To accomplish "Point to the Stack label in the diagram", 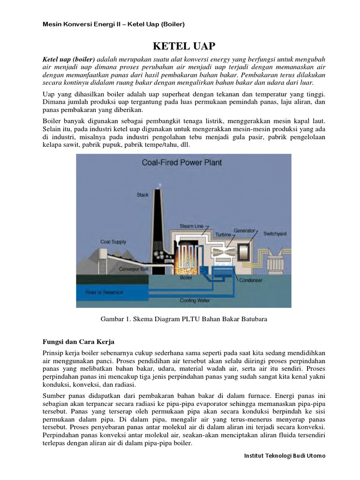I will (x=142, y=194).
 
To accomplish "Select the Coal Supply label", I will (x=113, y=242).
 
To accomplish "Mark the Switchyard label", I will (x=275, y=233).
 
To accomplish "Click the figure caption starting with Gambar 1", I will (x=184, y=319).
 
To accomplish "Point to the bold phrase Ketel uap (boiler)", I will (x=68, y=60).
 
